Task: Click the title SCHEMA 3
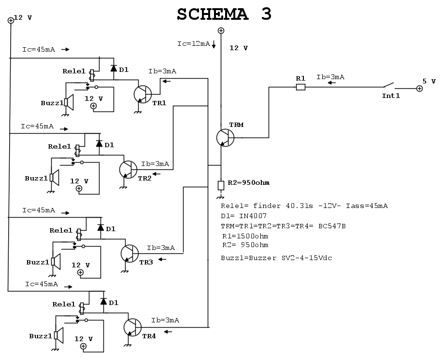coord(224,14)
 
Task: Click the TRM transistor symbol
coord(225,138)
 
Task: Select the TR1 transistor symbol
coord(142,94)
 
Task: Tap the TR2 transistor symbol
coord(128,169)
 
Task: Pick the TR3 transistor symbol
coord(129,253)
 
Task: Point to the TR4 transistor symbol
coord(132,327)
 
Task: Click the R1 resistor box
coord(300,87)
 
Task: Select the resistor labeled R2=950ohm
coord(221,185)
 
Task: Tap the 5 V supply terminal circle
coord(419,89)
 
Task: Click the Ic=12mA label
coord(193,44)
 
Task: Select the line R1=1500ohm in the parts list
coord(245,236)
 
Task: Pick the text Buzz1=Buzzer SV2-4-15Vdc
coord(276,258)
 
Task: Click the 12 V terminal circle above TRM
coord(221,31)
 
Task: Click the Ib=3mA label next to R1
coord(330,77)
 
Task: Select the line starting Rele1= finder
coord(304,206)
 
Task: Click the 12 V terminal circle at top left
coord(11,20)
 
